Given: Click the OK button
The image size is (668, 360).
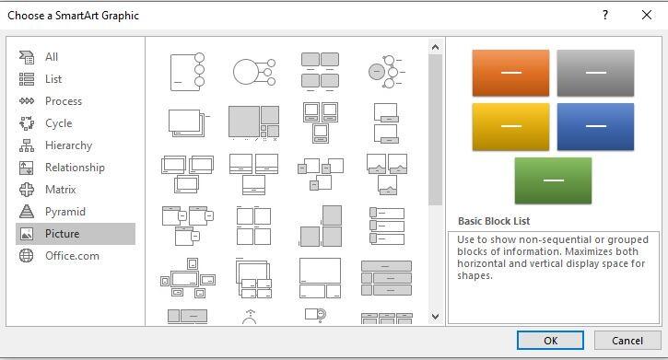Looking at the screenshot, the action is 550,341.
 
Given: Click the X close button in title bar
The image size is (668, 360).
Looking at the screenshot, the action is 646,15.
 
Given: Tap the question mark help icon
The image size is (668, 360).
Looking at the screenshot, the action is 605,16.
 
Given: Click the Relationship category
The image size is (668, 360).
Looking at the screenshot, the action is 76,168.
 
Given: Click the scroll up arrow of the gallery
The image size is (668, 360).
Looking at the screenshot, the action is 435,47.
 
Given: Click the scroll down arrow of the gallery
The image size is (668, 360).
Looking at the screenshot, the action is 435,316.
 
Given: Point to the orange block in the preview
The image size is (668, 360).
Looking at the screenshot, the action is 510,73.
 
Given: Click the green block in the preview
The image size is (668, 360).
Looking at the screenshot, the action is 553,180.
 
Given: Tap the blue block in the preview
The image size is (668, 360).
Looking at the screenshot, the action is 595,127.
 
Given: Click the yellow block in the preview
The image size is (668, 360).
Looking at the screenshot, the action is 510,127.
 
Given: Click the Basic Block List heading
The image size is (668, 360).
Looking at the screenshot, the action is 494,221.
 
